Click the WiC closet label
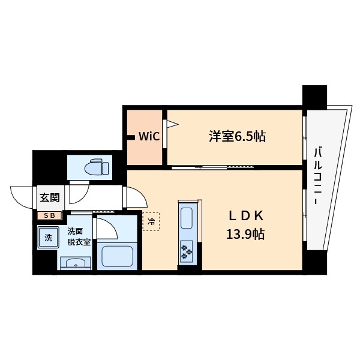point(149,136)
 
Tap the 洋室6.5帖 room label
point(237,136)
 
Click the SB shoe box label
point(49,215)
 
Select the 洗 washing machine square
point(47,238)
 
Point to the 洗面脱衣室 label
point(79,236)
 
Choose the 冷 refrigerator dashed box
point(151,221)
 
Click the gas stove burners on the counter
point(187,251)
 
